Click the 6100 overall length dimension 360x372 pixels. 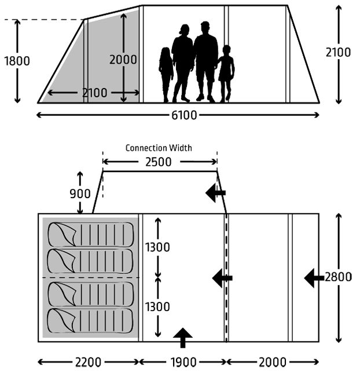pos(184,115)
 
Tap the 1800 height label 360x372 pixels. pos(17,61)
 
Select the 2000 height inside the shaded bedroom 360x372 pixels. pos(123,60)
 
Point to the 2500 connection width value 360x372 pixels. pos(159,162)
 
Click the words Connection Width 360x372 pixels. pos(159,148)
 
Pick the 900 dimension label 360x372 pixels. pos(80,194)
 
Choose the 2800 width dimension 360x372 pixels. pos(338,277)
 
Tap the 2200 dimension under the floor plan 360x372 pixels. pos(88,362)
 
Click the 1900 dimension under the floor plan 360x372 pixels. pos(183,362)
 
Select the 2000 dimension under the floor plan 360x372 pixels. pos(273,362)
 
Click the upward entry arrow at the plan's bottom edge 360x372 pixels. pos(183,338)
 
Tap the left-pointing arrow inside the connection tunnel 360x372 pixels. pos(215,193)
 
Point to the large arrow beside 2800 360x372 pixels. pos(314,278)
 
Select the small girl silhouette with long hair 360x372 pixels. pos(166,75)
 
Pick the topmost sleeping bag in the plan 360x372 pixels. pos(90,235)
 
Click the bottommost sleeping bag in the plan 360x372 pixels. pos(90,321)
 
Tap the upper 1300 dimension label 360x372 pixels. pos(157,247)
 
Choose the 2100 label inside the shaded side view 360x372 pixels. pos(94,93)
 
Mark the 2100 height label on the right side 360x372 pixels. pos(338,52)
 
